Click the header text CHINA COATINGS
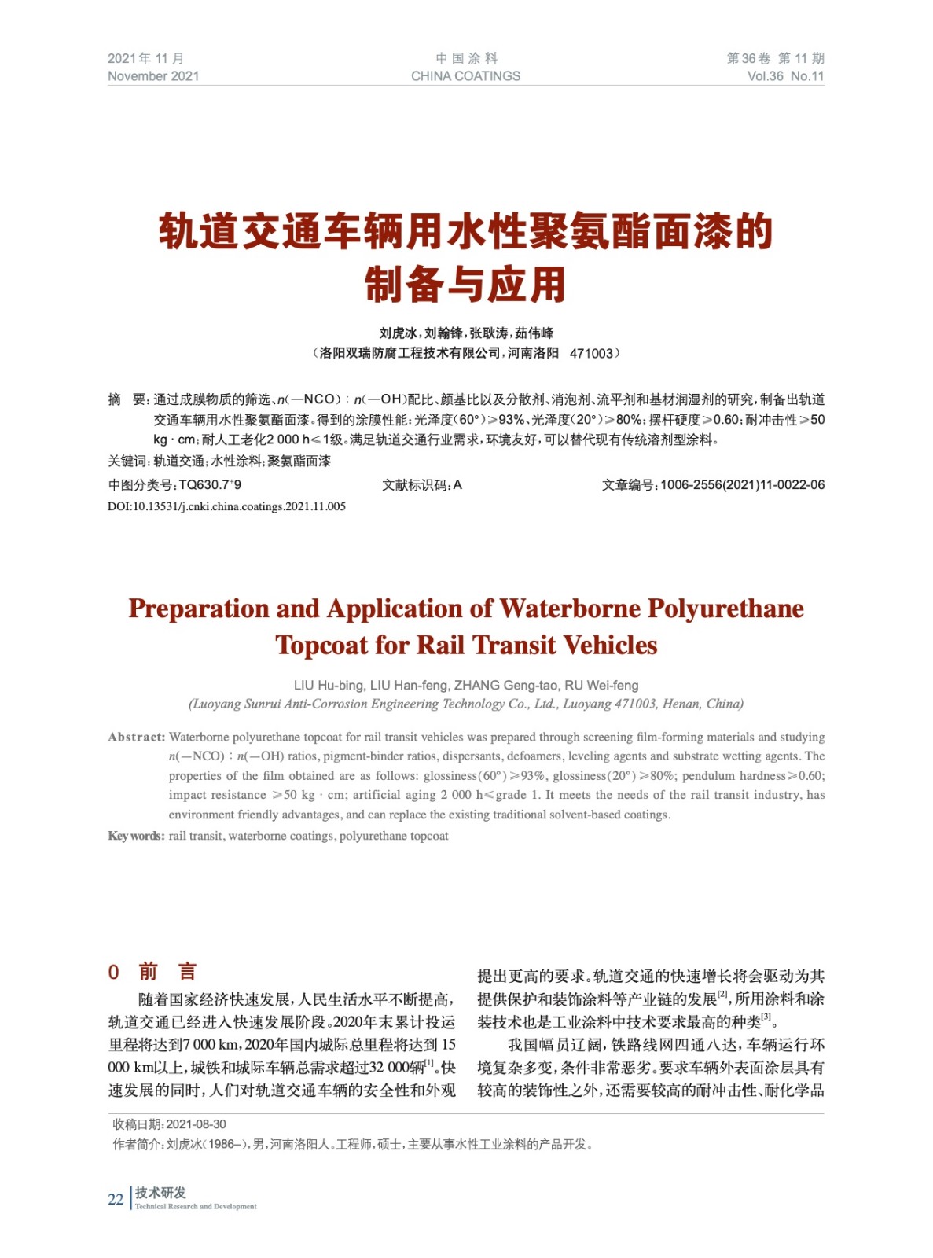465,76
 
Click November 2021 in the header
153,76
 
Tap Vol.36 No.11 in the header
785,76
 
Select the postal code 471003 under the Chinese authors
590,354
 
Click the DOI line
226,506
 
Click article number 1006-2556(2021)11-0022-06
742,485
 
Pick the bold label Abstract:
136,738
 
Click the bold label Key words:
136,836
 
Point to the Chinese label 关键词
127,462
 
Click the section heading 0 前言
152,972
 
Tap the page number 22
116,1199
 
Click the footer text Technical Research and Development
196,1207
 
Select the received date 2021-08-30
196,1124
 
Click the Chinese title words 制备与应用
465,285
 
